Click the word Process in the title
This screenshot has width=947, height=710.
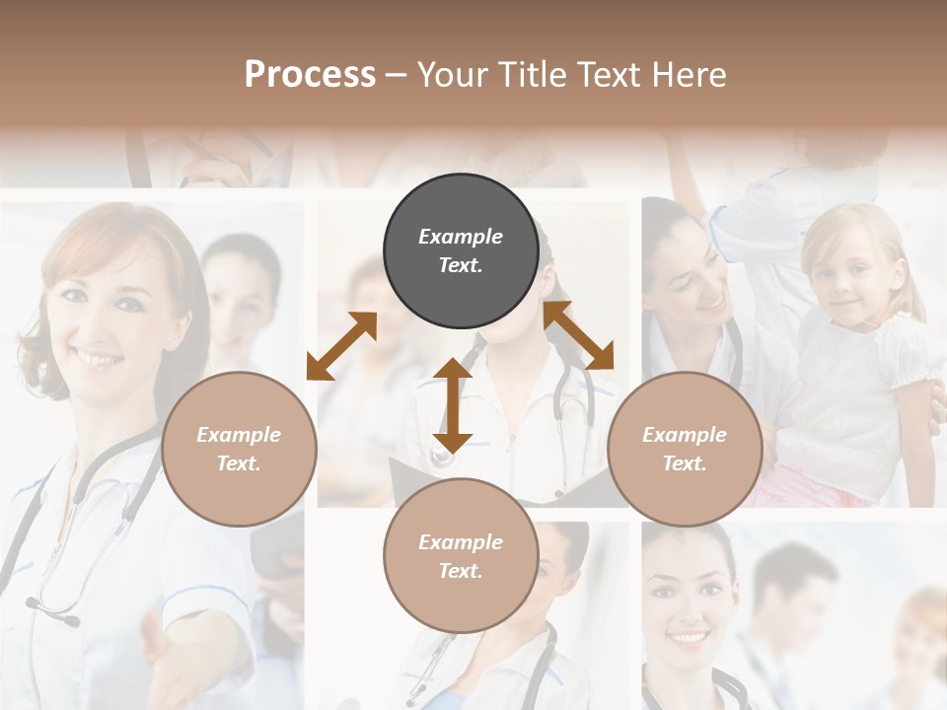(x=310, y=75)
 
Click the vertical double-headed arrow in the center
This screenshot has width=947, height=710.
(x=452, y=405)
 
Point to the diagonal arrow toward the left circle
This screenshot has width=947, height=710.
(x=341, y=345)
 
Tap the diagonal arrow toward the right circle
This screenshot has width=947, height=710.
(x=579, y=335)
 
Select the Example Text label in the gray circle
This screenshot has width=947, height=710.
(x=461, y=250)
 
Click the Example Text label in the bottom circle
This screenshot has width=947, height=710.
(x=461, y=556)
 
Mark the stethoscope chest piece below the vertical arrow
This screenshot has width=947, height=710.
(x=441, y=456)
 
